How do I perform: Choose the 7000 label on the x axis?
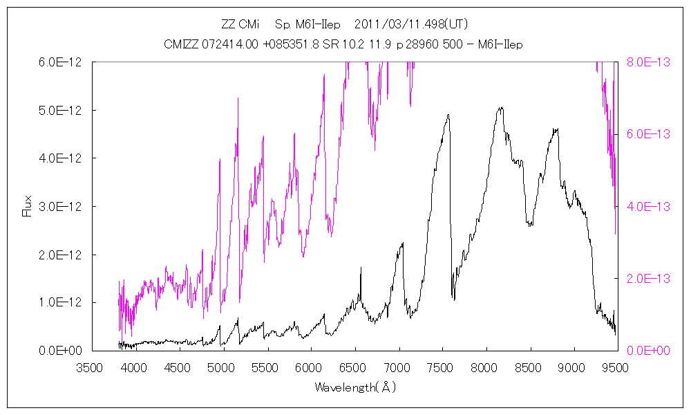[x=397, y=367]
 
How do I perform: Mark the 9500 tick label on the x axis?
[x=616, y=367]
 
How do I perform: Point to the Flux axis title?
[x=28, y=205]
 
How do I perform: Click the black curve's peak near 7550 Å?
[x=448, y=116]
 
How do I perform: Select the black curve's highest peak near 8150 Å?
[x=500, y=108]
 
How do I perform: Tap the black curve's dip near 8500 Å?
[x=529, y=224]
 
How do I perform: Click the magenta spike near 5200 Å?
[x=238, y=98]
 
